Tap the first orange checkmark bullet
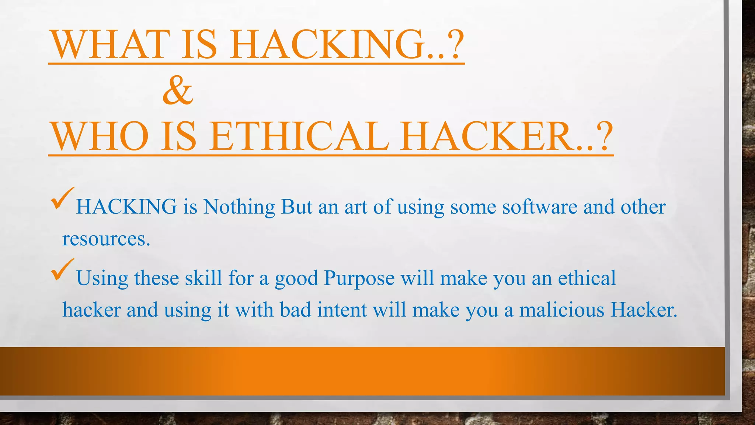point(62,198)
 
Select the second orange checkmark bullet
point(62,270)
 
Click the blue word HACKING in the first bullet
point(126,207)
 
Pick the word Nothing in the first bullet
point(239,207)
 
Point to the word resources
point(106,239)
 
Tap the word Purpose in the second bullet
point(359,278)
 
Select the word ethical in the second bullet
point(587,278)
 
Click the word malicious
point(562,310)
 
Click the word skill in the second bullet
point(203,278)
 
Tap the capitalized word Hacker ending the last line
point(644,310)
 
